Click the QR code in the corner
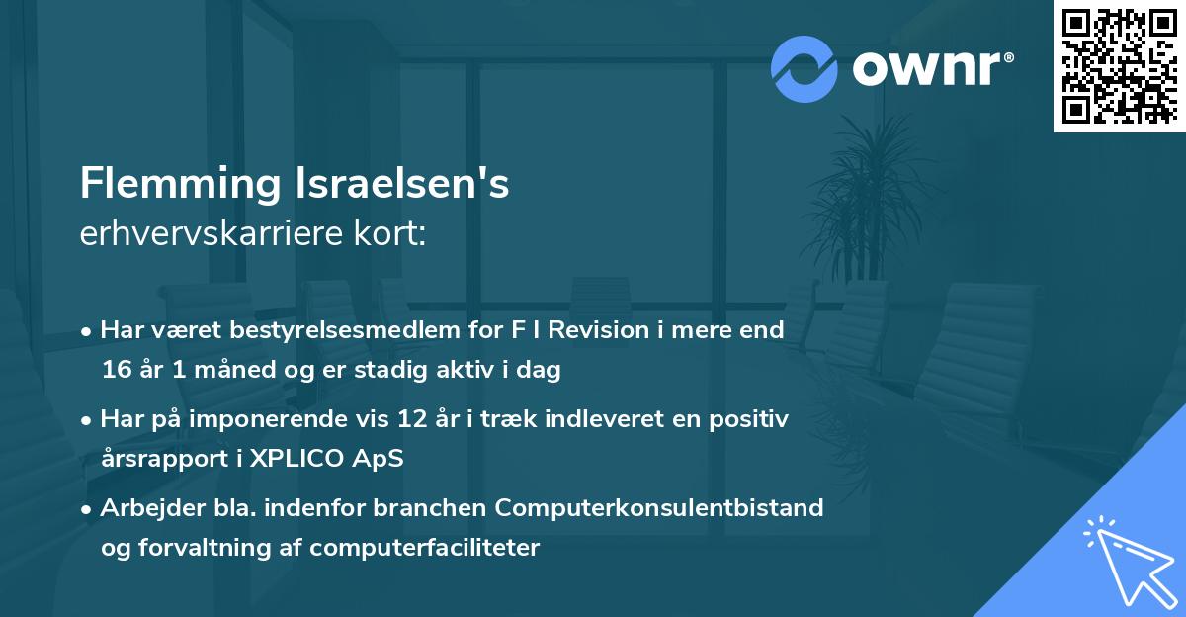(x=1120, y=65)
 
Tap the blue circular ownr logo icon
(x=805, y=68)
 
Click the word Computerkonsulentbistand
(x=659, y=507)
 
